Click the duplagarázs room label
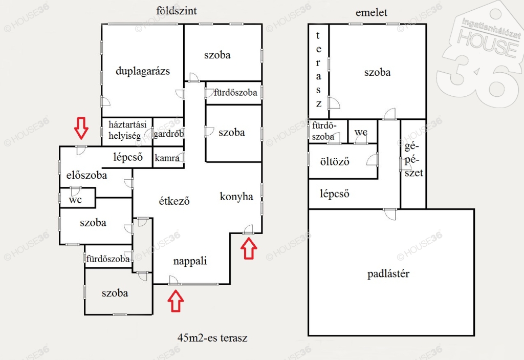click(x=143, y=71)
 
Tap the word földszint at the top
click(x=177, y=11)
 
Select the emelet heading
click(x=372, y=13)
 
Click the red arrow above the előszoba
click(x=81, y=128)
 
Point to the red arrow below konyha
click(x=249, y=248)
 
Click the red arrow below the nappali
click(x=176, y=301)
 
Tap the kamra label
click(x=167, y=158)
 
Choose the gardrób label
click(x=169, y=134)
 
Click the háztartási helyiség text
click(x=127, y=130)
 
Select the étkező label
click(x=174, y=201)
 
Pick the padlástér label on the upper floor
click(x=388, y=274)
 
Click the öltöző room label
click(x=335, y=162)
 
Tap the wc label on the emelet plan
click(x=361, y=132)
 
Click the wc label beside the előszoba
click(x=75, y=200)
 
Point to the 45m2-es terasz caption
click(x=212, y=338)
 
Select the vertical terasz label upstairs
click(x=318, y=69)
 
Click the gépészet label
click(x=413, y=160)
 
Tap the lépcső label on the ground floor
click(x=128, y=157)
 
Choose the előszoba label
click(x=86, y=175)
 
